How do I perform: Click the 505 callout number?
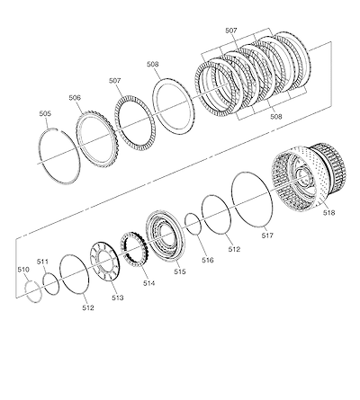coord(45,113)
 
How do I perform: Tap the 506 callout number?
coord(75,97)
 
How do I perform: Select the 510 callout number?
coord(23,270)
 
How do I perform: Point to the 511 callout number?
coord(42,262)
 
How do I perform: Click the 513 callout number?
coord(118,298)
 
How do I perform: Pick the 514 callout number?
coord(148,283)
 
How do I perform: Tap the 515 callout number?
coord(180,271)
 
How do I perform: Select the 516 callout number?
coord(208,260)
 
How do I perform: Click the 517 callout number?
coord(267,236)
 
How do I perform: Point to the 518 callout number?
coord(329,213)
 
